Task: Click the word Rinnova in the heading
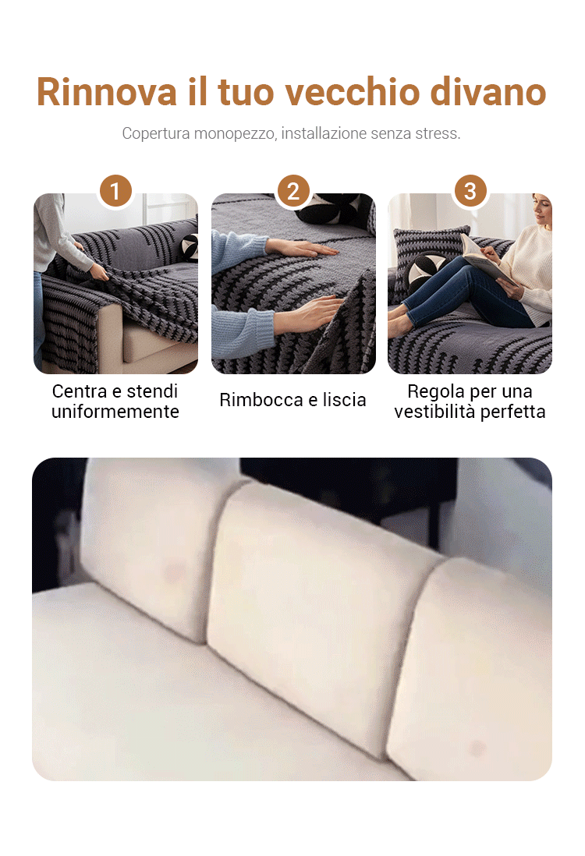(107, 92)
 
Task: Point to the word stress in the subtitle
(438, 133)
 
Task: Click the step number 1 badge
(115, 191)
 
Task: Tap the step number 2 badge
(293, 191)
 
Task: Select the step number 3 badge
(470, 191)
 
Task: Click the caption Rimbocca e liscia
(292, 400)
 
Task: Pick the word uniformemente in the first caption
(115, 412)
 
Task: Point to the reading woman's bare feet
(401, 322)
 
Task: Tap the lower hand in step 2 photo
(309, 314)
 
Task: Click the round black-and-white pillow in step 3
(430, 269)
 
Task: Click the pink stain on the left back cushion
(175, 573)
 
